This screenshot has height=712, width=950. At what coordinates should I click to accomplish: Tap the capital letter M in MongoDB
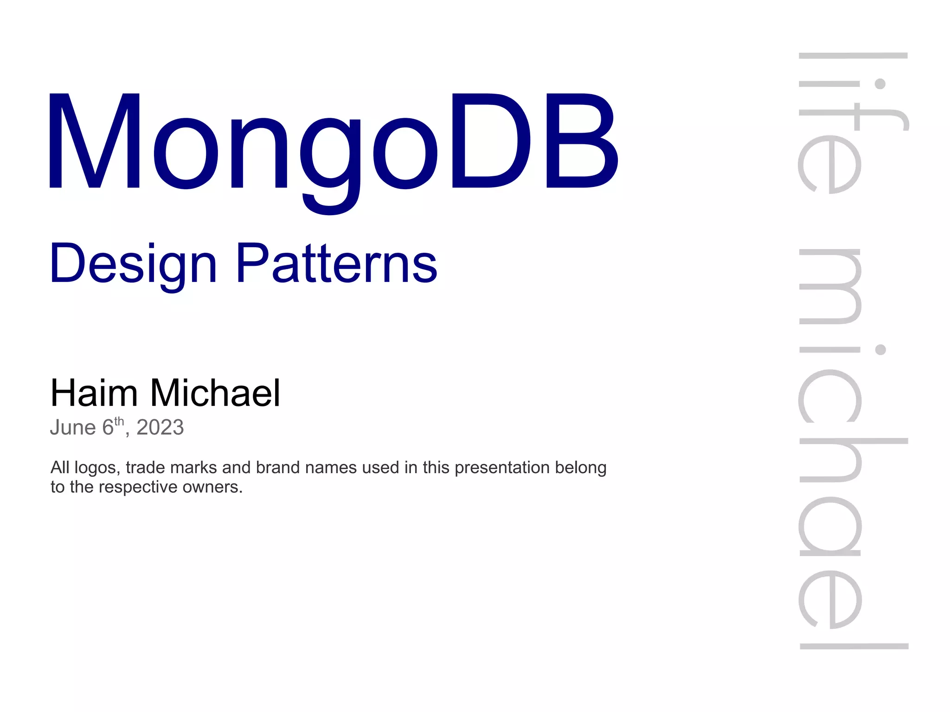95,141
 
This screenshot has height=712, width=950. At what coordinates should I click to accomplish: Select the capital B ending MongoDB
582,141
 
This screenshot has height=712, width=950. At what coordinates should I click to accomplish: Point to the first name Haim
94,393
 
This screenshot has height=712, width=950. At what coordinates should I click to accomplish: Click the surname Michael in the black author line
215,393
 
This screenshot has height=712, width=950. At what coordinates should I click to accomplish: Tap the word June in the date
73,427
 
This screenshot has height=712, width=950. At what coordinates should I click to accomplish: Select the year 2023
160,427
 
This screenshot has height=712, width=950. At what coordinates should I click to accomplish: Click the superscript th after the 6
119,421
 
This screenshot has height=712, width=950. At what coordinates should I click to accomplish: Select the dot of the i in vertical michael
880,349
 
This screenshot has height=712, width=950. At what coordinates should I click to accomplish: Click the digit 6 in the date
108,427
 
